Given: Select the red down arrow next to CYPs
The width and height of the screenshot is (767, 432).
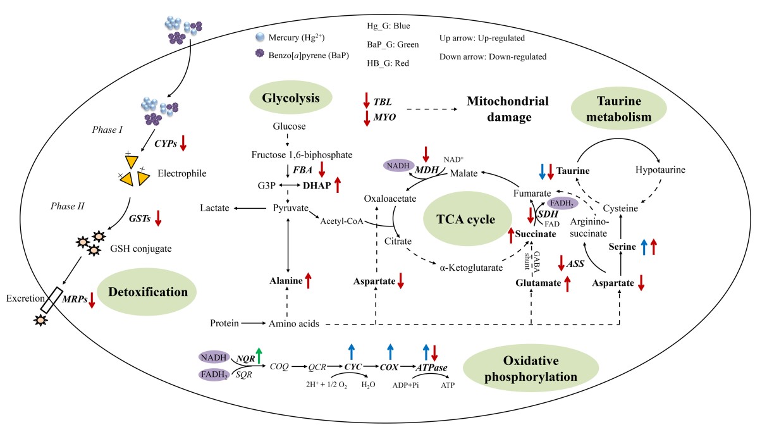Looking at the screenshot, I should (183, 143).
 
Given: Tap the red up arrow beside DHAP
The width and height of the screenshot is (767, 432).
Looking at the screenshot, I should (337, 185).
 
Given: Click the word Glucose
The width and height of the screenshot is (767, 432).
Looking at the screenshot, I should (289, 127).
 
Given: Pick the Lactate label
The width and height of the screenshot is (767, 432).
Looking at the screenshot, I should (214, 207).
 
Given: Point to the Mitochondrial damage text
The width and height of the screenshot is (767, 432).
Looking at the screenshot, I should (508, 109).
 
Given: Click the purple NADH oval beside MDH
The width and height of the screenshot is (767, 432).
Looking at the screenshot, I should (397, 165).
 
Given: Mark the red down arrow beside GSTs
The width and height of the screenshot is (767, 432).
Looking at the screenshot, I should (158, 218).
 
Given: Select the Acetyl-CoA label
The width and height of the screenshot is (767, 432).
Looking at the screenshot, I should (340, 221).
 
